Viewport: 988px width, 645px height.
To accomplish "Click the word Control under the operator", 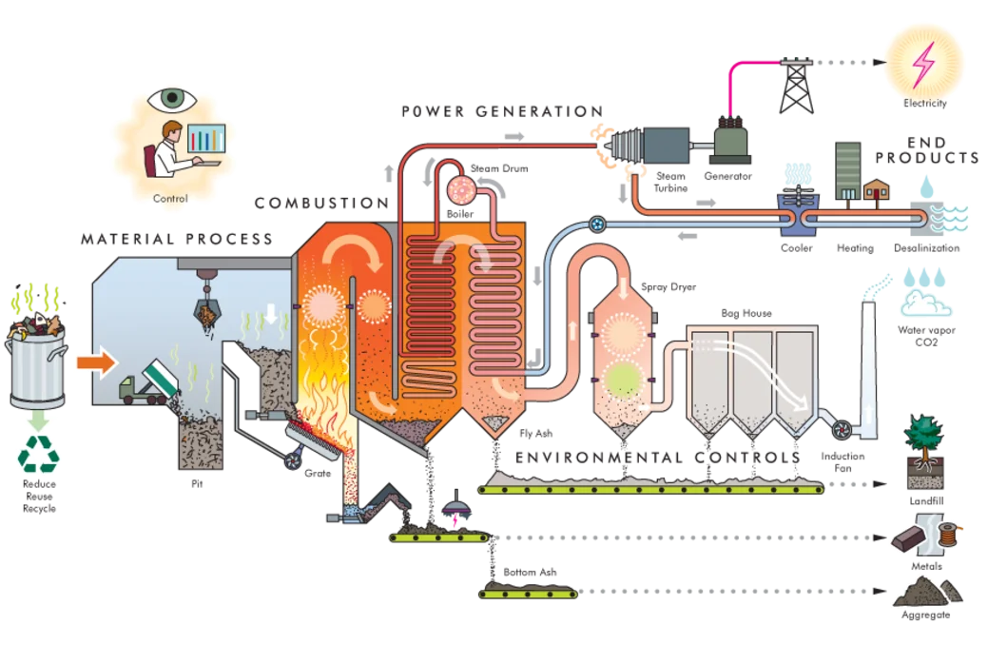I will coord(171,199).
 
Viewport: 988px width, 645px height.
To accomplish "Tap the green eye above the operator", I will coord(172,98).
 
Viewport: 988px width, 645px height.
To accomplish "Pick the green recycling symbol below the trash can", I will coord(38,455).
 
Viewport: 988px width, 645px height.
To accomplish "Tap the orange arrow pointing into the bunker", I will coord(95,362).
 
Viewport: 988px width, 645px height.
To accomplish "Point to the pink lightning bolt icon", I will coord(922,62).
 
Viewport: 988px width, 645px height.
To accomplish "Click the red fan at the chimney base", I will coord(841,429).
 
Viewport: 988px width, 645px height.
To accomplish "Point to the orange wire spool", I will coord(950,536).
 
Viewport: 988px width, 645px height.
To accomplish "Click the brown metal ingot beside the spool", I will coord(911,540).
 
